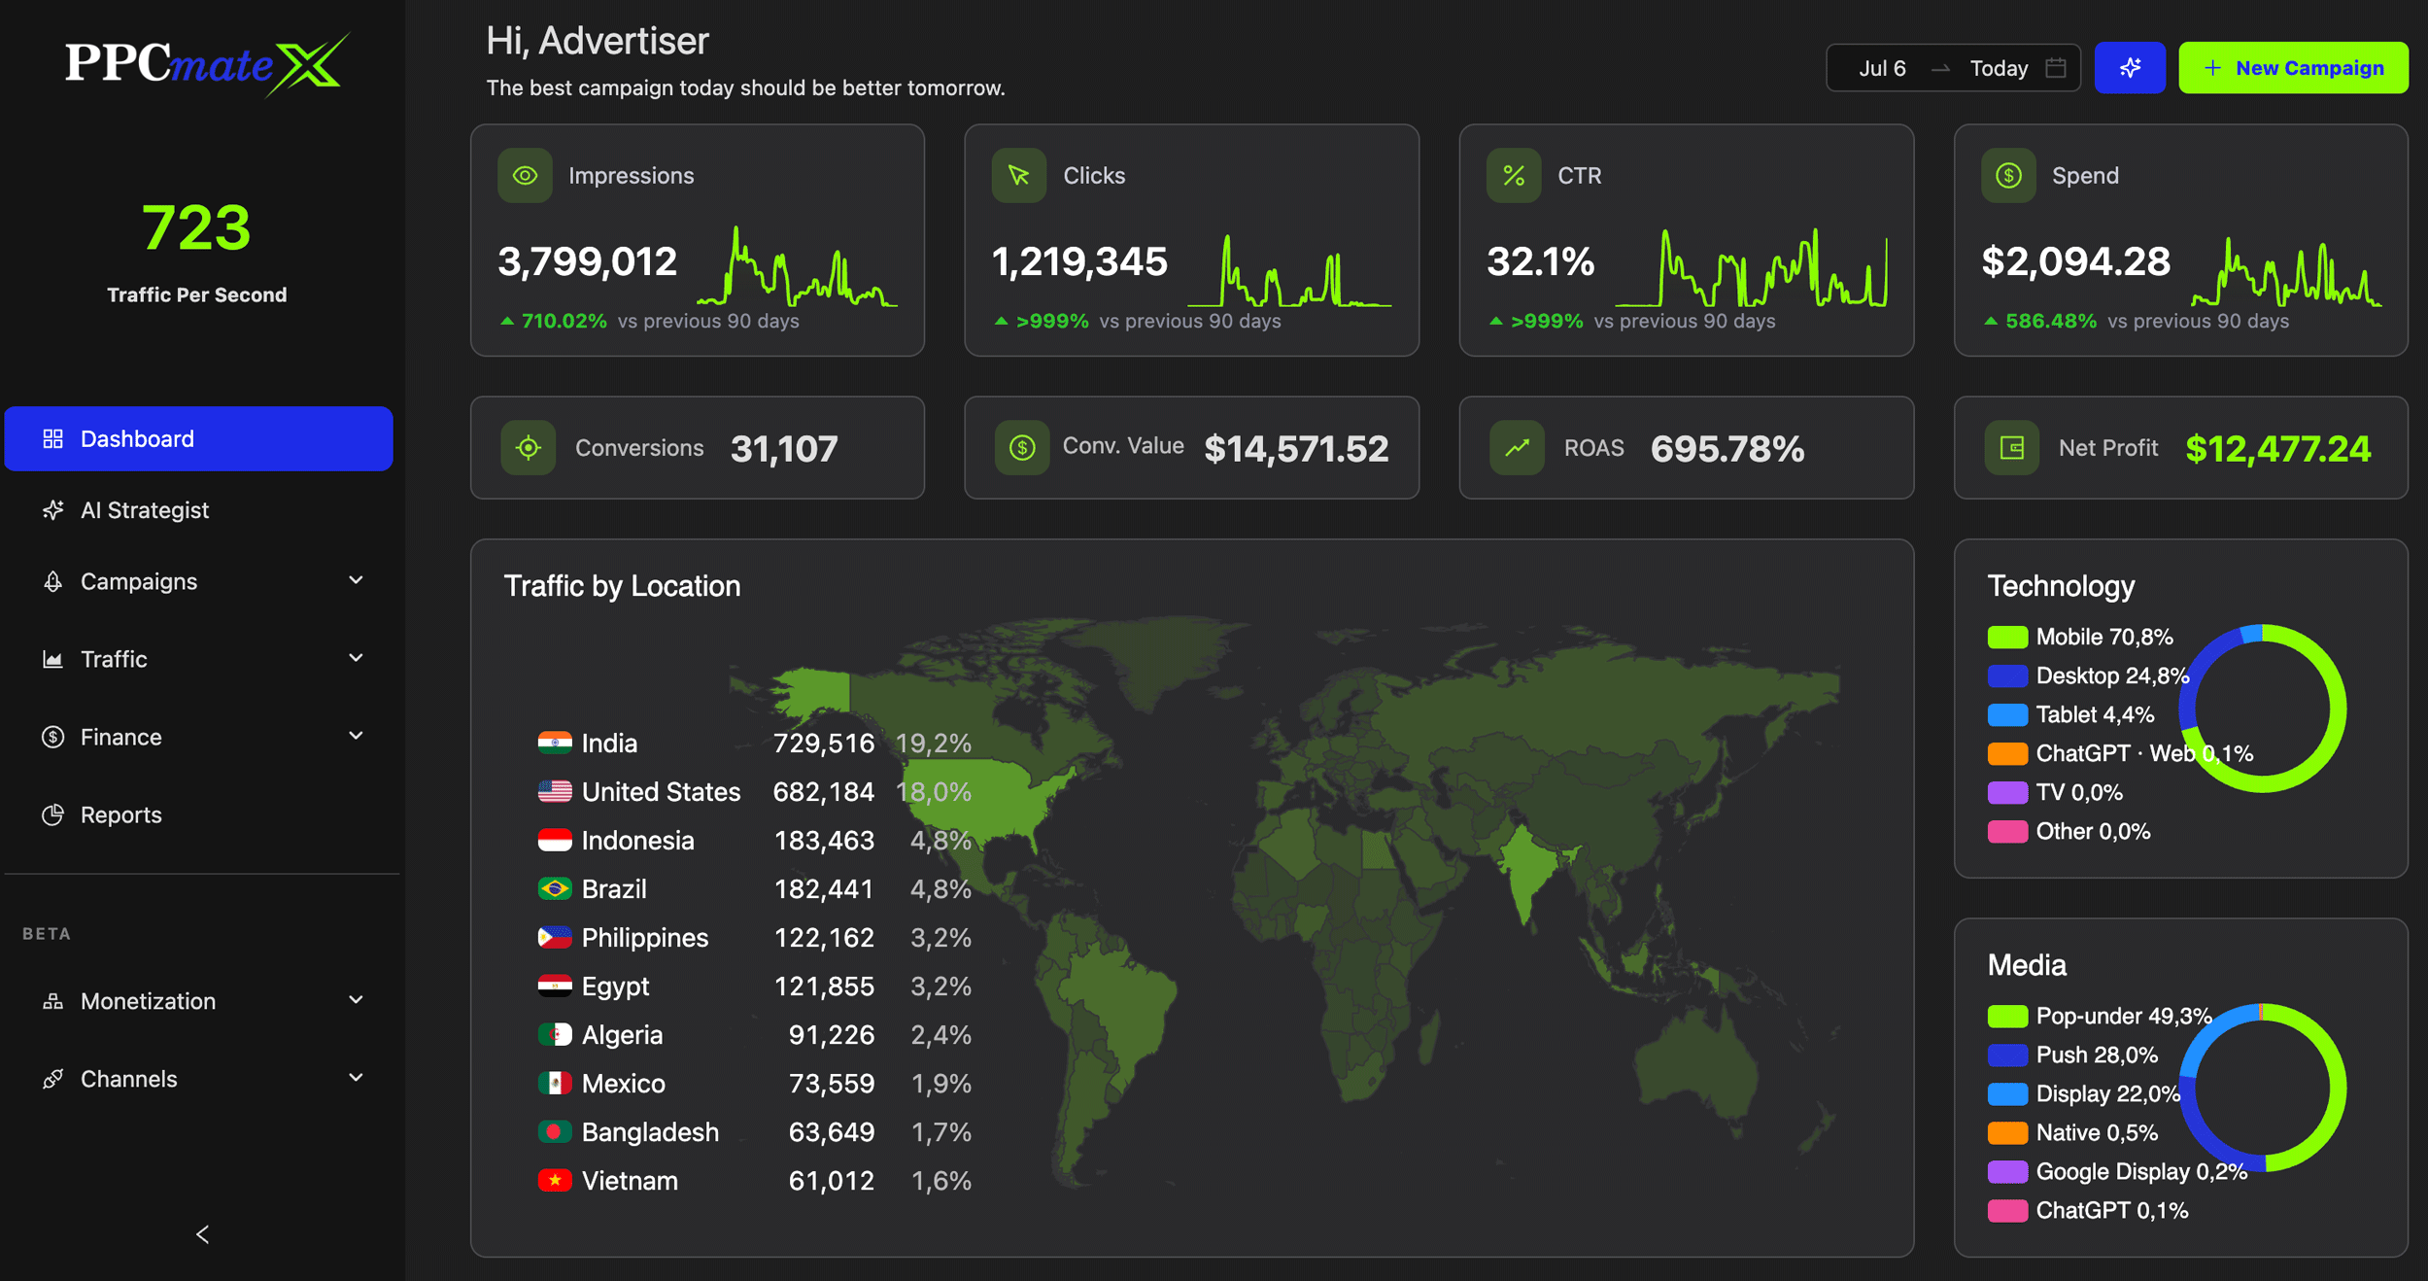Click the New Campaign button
coord(2292,68)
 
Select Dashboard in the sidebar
coord(198,438)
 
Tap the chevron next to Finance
coord(356,736)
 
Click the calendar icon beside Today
coord(2055,68)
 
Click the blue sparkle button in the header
coord(2130,68)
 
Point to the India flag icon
coord(555,744)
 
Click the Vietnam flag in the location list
coord(555,1181)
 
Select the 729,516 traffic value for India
coord(823,744)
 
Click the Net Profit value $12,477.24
coord(2277,448)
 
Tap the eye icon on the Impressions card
coord(525,176)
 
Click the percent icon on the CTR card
coord(1513,176)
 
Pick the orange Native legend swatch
coord(2006,1133)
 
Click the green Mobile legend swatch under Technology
coord(2006,638)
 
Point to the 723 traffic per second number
coord(196,227)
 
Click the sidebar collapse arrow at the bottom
coord(202,1234)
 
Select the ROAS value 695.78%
coord(1727,448)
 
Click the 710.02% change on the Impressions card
coord(564,321)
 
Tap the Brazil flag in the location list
coord(555,889)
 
